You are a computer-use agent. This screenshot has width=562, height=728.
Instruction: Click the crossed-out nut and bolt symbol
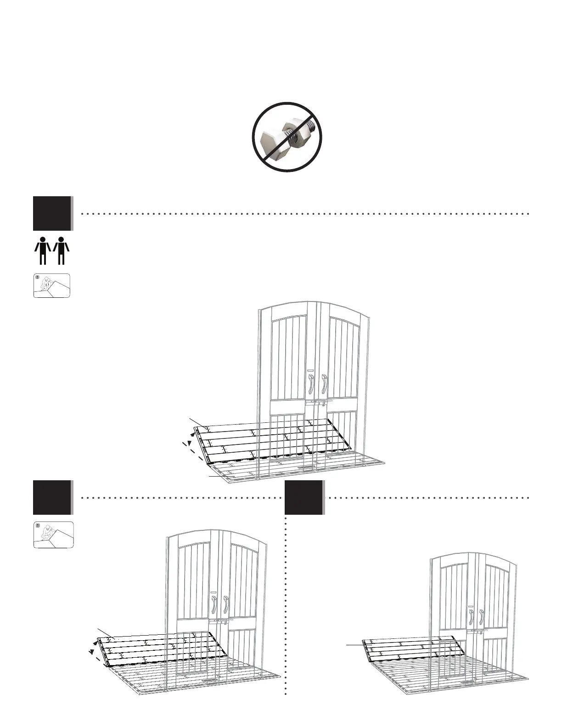(x=287, y=137)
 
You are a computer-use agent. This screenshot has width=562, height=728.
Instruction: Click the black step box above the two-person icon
(x=52, y=213)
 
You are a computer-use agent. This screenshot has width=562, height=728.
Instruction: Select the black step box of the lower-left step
(x=52, y=497)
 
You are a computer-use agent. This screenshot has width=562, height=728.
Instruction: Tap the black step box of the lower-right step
(x=304, y=497)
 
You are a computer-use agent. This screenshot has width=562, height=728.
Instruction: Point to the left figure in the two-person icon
(x=43, y=251)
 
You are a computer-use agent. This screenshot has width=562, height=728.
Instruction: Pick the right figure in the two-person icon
(x=61, y=251)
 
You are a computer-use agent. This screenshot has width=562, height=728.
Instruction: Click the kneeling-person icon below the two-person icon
(x=52, y=285)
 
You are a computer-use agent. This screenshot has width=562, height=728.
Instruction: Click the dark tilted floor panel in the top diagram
(x=271, y=441)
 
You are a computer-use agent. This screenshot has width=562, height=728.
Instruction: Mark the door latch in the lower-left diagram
(x=220, y=622)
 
